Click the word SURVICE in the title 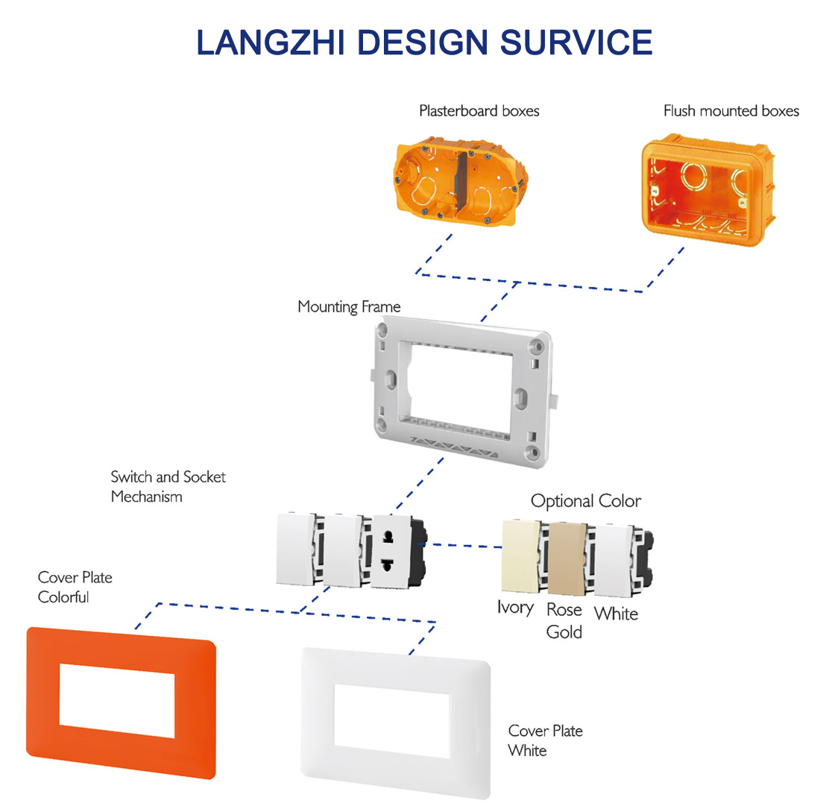[576, 42]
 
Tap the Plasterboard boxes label [479, 111]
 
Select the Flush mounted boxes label [731, 111]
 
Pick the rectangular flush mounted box [703, 190]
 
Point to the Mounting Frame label [349, 306]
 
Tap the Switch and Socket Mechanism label [168, 486]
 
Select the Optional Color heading [585, 500]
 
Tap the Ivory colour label [515, 608]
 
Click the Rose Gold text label [564, 620]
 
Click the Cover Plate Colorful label [75, 587]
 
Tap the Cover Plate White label [545, 740]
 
